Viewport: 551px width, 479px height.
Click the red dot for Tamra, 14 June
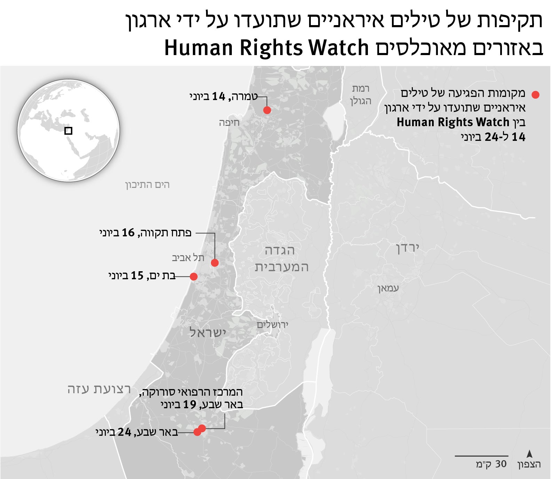(267, 110)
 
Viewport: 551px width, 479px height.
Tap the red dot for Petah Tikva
(215, 263)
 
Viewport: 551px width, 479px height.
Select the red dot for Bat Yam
(194, 276)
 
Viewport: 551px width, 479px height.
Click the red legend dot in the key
(535, 94)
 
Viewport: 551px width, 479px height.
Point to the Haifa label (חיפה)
(229, 123)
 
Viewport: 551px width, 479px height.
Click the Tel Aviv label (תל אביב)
(188, 258)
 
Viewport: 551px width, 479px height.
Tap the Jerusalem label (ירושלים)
(273, 325)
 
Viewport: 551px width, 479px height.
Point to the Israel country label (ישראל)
(208, 333)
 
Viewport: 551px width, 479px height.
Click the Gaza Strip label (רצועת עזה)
(99, 389)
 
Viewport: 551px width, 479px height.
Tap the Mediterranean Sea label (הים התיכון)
(148, 185)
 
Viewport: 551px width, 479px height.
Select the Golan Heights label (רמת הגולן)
(361, 94)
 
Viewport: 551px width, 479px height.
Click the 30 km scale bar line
(481, 456)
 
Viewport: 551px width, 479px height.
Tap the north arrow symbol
(529, 454)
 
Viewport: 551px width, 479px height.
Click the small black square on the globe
(69, 131)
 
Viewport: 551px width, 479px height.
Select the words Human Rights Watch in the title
(266, 48)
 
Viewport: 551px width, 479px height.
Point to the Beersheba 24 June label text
(137, 433)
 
